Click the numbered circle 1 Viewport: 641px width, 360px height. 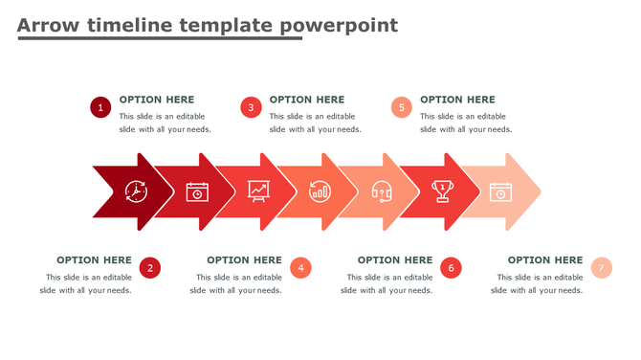coord(100,107)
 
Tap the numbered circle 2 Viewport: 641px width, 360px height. coord(149,268)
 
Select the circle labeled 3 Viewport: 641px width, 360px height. coord(251,107)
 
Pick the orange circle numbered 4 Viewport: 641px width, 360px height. coord(300,268)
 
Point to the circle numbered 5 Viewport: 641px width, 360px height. coord(402,107)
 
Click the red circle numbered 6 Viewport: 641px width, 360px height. coord(451,268)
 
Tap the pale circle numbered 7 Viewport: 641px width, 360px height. coord(601,268)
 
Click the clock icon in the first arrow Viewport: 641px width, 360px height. coord(136,191)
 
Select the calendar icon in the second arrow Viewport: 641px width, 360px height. coord(197,191)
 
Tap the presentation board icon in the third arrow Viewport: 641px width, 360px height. coord(258,191)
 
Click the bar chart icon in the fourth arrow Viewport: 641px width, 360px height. coord(320,191)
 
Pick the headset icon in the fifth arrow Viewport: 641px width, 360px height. coord(381,191)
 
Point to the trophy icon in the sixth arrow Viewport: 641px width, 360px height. coord(442,191)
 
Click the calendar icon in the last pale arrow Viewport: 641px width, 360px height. coord(500,191)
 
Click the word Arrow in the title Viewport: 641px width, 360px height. coord(48,26)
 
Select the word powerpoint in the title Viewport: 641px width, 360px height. coord(340,26)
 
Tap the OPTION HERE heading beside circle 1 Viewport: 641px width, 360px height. coord(157,100)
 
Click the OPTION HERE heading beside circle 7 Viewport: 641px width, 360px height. coord(544,259)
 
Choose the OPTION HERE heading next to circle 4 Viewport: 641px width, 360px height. coord(244,259)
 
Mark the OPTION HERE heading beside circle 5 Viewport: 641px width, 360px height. coord(457,100)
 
